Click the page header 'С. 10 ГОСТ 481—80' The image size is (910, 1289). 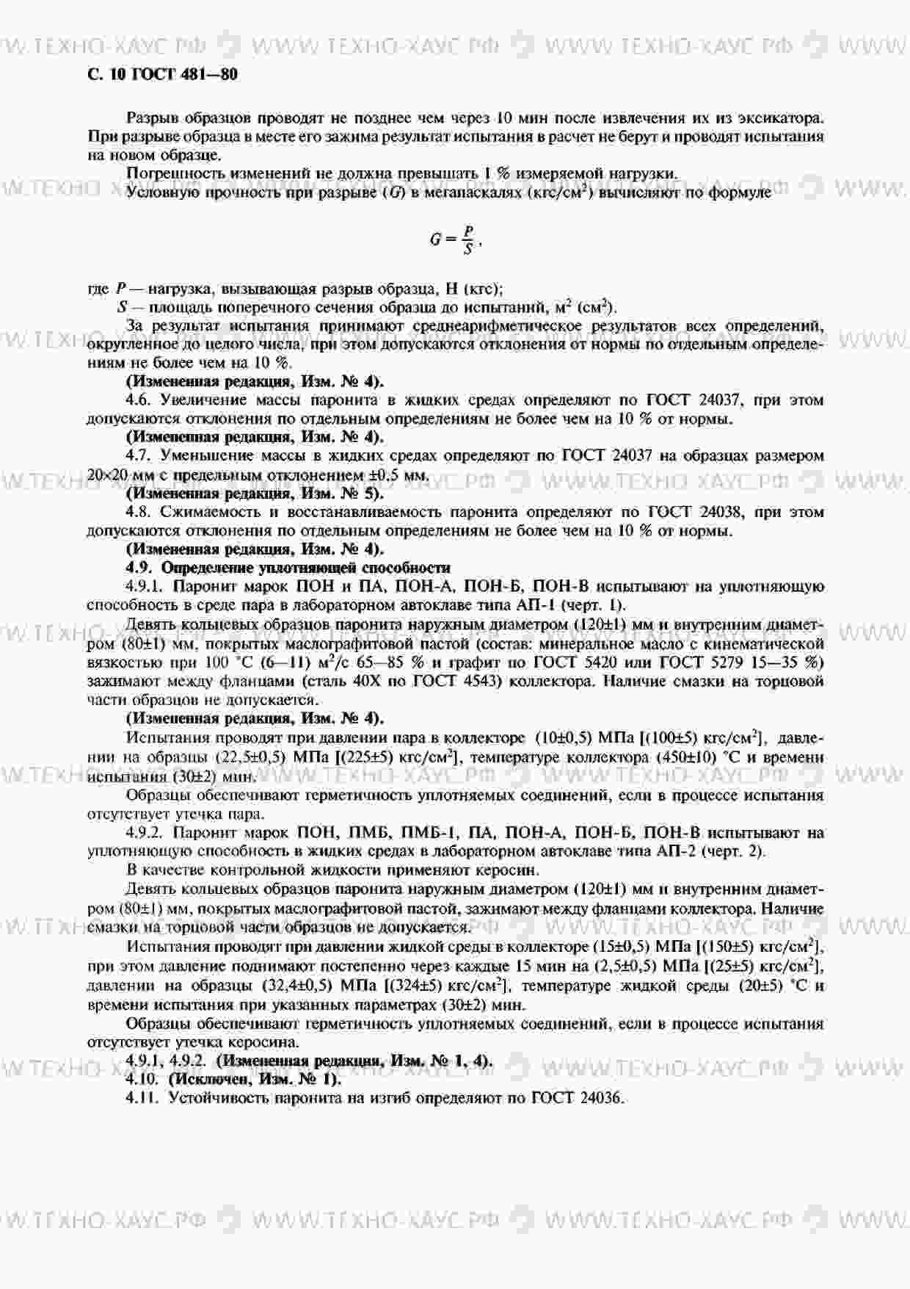[x=162, y=74]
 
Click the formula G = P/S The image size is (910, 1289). [x=455, y=239]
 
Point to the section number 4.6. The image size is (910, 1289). [x=139, y=400]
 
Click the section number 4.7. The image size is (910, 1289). [x=139, y=456]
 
